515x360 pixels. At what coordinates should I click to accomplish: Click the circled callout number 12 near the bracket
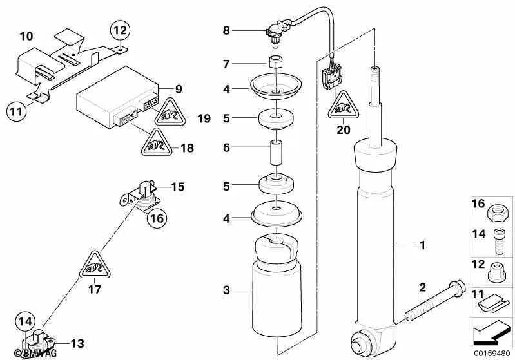[121, 30]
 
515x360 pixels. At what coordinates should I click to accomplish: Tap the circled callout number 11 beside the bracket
[18, 111]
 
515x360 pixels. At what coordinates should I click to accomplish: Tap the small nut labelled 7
[276, 63]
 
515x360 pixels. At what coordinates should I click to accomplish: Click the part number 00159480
[492, 354]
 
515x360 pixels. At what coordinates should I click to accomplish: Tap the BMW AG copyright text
[22, 353]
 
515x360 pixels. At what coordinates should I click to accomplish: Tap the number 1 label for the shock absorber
[423, 245]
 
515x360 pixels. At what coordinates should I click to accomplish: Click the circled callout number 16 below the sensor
[157, 218]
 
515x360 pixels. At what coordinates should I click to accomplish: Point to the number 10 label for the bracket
[26, 36]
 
